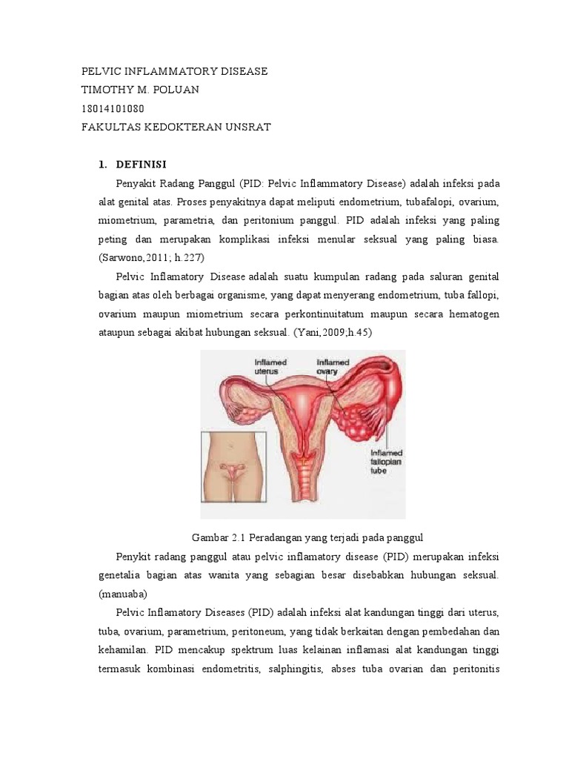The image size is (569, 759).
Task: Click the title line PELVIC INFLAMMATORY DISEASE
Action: pyautogui.click(x=173, y=71)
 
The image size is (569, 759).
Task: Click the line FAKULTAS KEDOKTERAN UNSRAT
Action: pyautogui.click(x=176, y=127)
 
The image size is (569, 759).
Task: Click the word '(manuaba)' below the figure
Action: pyautogui.click(x=123, y=594)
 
